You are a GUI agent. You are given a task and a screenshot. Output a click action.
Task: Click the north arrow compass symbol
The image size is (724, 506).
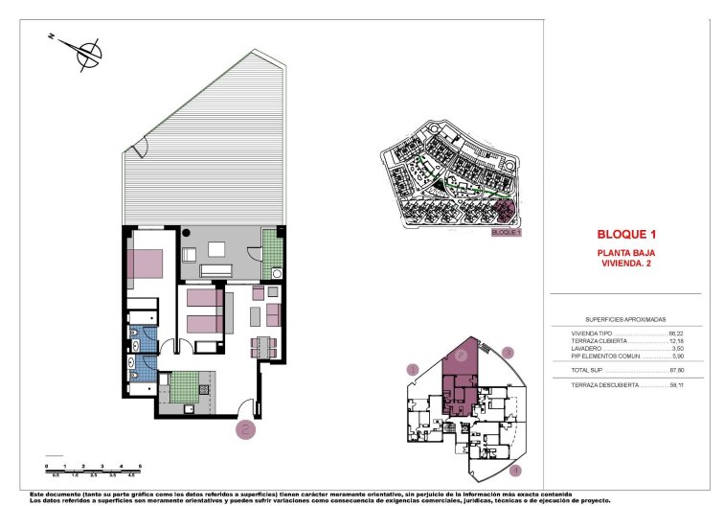coord(87,52)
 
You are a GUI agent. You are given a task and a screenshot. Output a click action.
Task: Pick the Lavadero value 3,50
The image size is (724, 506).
coord(674,349)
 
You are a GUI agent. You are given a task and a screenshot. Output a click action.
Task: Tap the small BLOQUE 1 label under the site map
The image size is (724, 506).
coord(505,232)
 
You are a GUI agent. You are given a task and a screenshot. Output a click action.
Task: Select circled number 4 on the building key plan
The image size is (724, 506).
coord(514,470)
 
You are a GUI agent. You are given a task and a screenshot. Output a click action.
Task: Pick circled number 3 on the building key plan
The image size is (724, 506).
coord(509,353)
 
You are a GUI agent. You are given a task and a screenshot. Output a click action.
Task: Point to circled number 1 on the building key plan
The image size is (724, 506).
coord(413,369)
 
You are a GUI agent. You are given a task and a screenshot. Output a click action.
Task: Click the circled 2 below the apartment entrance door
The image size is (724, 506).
coord(246,429)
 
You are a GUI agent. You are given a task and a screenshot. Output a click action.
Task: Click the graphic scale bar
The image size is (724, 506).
coord(93,469)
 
